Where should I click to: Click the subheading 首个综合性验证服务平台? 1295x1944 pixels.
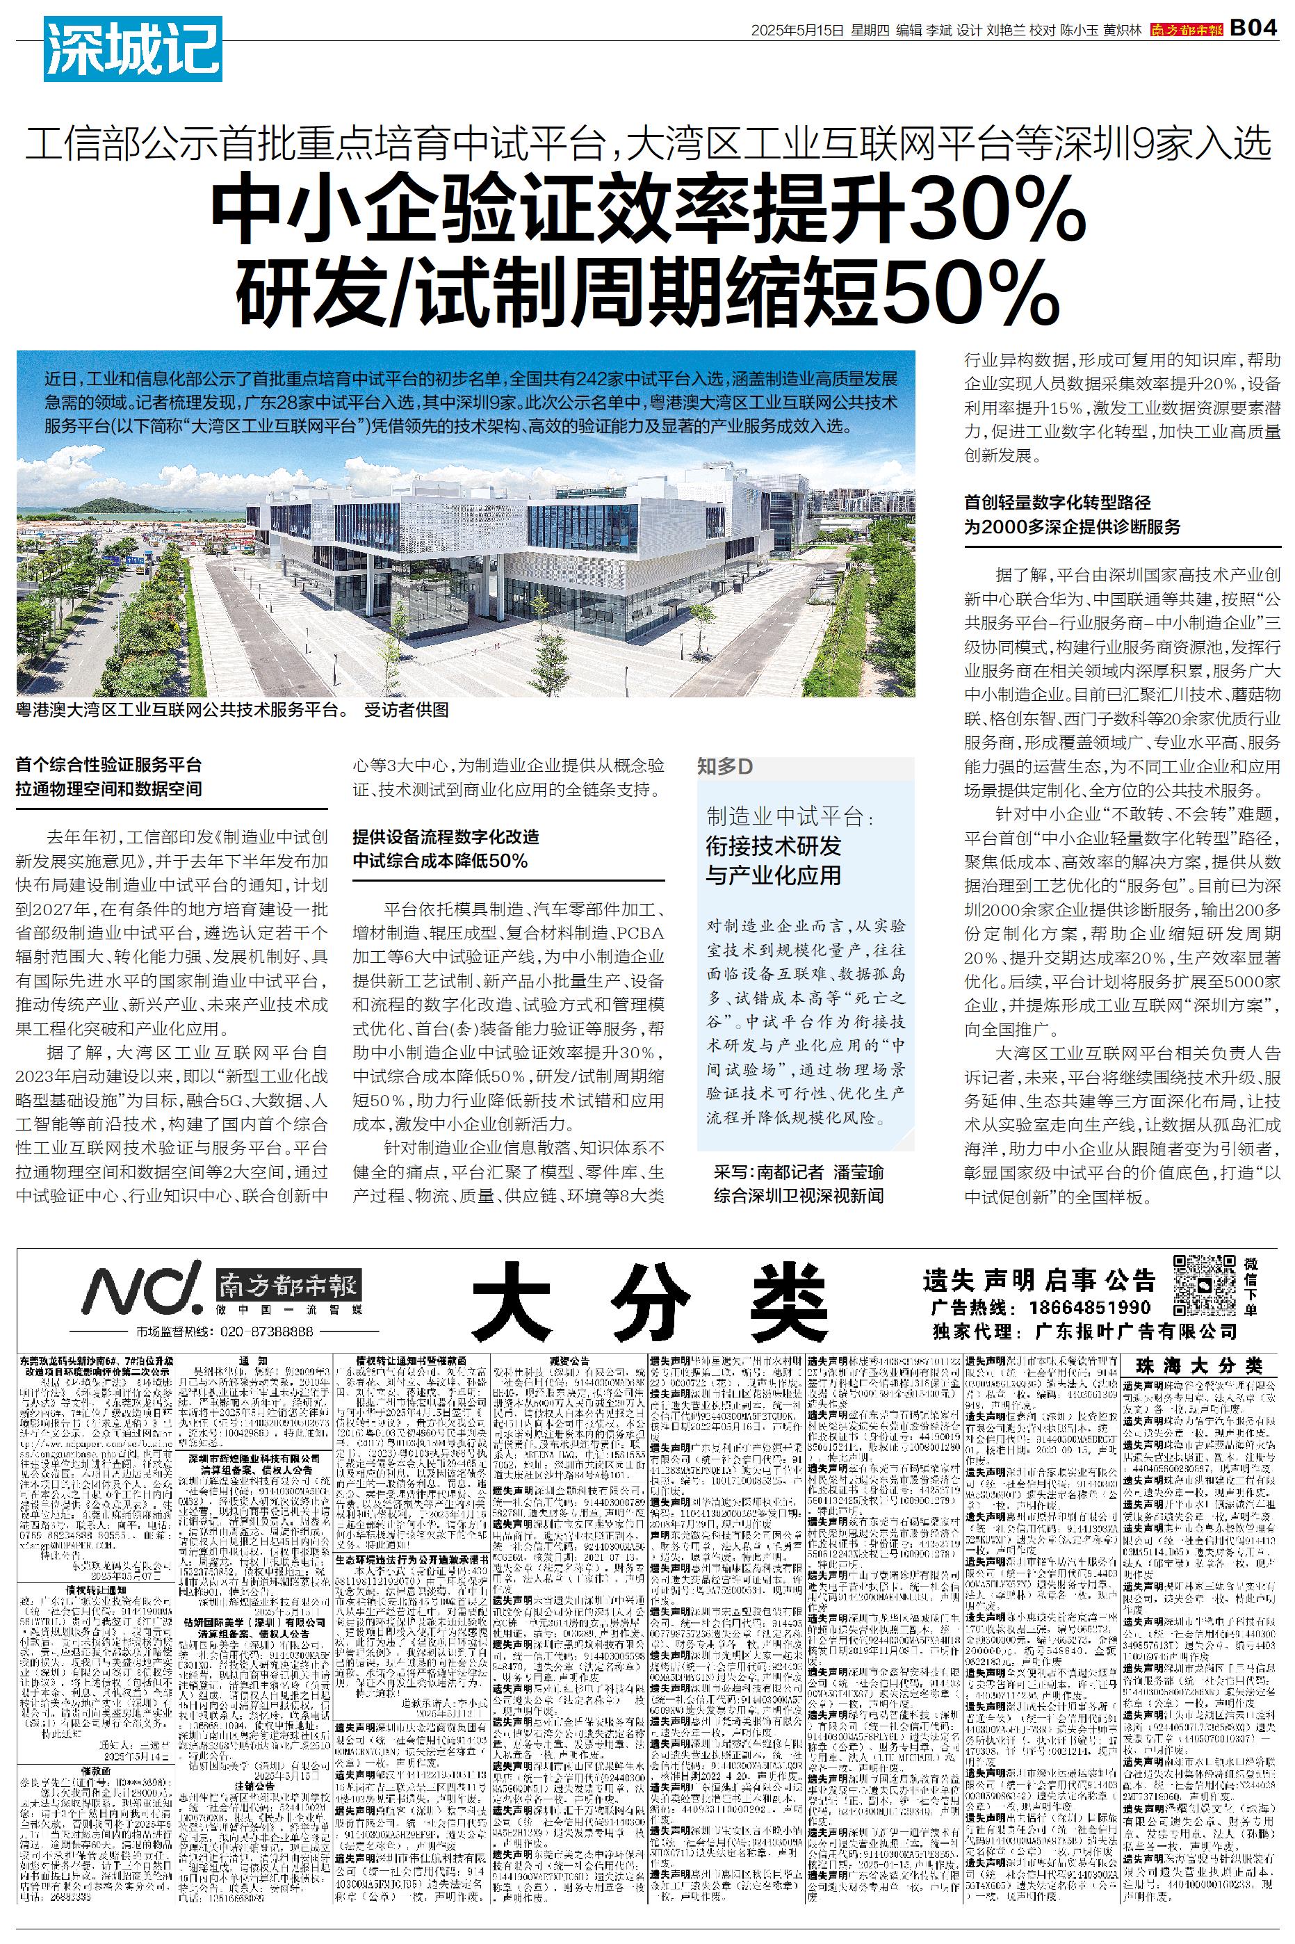[x=108, y=766]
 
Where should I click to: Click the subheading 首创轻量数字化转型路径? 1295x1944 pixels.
[x=1057, y=502]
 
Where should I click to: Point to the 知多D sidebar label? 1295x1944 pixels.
[x=725, y=766]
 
